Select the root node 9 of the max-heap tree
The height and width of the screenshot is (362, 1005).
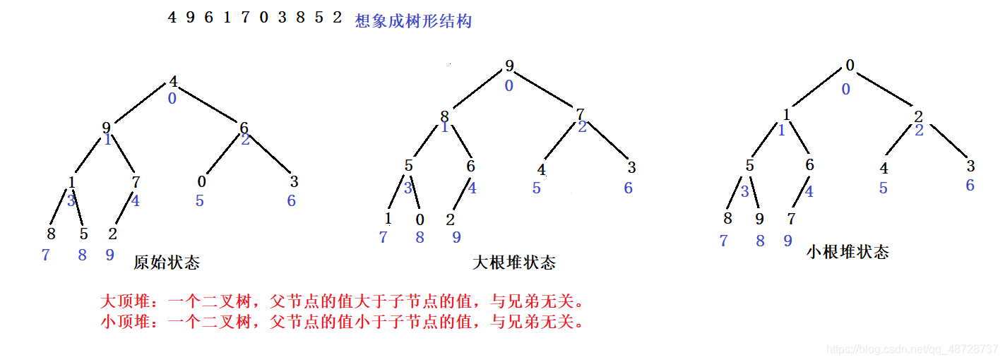[509, 67]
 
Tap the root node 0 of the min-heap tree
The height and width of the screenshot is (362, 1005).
[850, 66]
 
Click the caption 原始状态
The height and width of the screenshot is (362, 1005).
[167, 263]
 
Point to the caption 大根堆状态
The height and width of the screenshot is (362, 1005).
[513, 263]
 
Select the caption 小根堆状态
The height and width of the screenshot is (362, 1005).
[848, 252]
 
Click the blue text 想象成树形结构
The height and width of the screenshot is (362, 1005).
[413, 21]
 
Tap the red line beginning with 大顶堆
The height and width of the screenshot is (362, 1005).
[343, 303]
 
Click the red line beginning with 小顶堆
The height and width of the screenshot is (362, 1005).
[343, 322]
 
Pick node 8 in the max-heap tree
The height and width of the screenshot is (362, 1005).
[445, 116]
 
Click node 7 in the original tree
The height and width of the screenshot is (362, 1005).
[136, 181]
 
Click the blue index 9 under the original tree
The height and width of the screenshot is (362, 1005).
[109, 255]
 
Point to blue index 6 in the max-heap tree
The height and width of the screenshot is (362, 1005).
[628, 188]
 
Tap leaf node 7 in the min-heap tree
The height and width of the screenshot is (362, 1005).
[791, 219]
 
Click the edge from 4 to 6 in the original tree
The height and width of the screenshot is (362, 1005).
[209, 107]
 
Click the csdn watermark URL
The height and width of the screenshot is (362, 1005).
[912, 350]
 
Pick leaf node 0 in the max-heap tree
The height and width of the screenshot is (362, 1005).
[420, 219]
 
